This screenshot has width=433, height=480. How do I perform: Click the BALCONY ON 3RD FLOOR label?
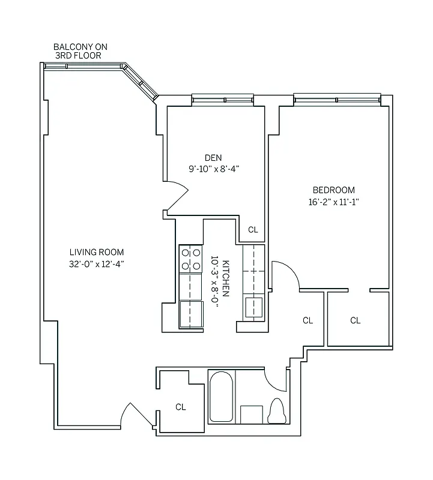[x=80, y=51]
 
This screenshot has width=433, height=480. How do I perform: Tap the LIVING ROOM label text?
[x=96, y=253]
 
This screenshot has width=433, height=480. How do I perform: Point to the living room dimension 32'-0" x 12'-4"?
[x=96, y=263]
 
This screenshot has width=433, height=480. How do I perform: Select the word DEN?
[x=213, y=158]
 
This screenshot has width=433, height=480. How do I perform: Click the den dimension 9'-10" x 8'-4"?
[x=214, y=169]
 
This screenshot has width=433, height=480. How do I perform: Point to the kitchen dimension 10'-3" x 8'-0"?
[x=214, y=281]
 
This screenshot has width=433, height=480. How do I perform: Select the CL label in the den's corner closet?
[x=253, y=230]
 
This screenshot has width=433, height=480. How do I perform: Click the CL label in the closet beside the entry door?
[x=180, y=407]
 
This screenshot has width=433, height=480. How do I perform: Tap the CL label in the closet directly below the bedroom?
[x=355, y=320]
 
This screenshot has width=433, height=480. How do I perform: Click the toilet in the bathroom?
[x=277, y=411]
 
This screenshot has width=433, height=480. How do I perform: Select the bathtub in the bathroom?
[x=221, y=397]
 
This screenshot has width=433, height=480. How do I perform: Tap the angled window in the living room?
[x=140, y=83]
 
